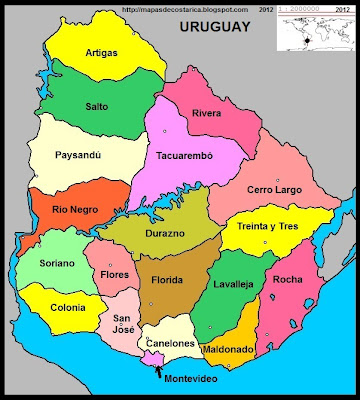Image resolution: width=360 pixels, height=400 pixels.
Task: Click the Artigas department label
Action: coord(101,52)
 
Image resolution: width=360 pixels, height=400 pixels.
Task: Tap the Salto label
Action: coord(98,104)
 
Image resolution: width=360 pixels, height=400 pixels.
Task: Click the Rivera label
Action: coord(207,113)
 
